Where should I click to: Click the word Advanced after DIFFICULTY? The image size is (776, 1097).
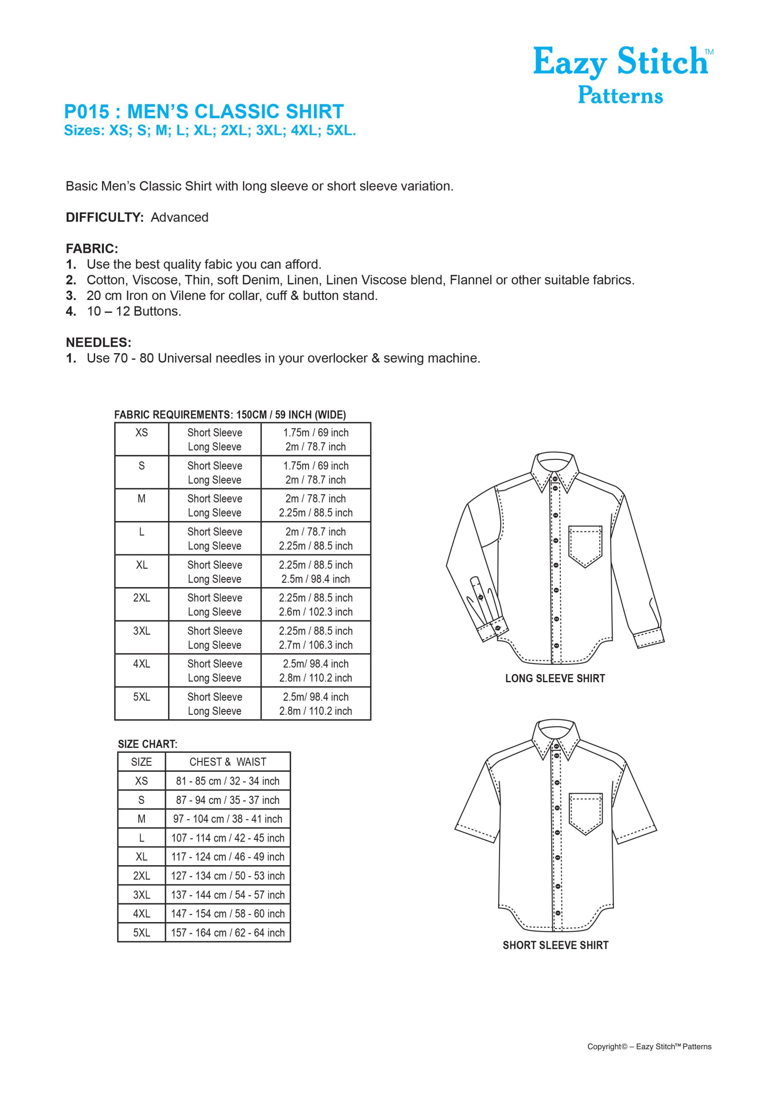[179, 217]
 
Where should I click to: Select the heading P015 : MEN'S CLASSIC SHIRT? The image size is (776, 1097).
[204, 112]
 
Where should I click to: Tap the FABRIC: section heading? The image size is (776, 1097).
[92, 249]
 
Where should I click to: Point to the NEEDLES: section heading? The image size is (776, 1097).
[99, 342]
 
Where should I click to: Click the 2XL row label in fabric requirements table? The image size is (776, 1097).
[141, 598]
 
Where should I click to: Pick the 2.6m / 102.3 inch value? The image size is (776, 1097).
[316, 612]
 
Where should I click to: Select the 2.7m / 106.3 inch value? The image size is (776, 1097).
[316, 645]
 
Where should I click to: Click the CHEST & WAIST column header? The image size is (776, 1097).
[228, 762]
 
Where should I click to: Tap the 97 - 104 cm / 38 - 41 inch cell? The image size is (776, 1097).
[228, 819]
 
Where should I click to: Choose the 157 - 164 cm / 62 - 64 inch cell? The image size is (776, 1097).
[228, 932]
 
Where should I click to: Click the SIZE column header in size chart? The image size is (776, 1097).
[141, 762]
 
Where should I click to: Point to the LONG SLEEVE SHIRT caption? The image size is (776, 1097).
[555, 678]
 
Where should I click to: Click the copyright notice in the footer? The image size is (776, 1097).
[649, 1047]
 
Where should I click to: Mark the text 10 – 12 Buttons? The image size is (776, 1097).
[134, 312]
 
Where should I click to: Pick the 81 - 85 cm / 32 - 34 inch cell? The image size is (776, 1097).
[228, 781]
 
